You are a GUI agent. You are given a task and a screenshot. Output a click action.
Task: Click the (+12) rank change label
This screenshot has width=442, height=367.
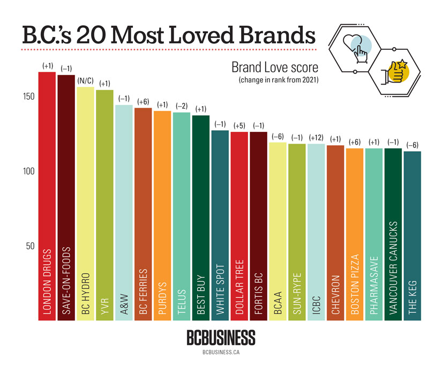coord(316,138)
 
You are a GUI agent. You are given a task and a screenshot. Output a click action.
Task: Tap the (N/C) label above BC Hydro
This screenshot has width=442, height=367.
coord(86,81)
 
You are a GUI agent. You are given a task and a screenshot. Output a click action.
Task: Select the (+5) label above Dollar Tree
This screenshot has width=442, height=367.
coord(239,126)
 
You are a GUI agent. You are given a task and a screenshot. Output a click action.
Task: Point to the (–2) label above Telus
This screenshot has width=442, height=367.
coord(182,106)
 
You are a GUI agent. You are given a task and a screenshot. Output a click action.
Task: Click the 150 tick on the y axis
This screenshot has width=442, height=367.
coord(28,97)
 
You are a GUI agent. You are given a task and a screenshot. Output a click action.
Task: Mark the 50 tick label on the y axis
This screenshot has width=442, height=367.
coord(31,246)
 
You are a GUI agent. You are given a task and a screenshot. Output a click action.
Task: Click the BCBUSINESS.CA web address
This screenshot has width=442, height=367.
coord(221,353)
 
